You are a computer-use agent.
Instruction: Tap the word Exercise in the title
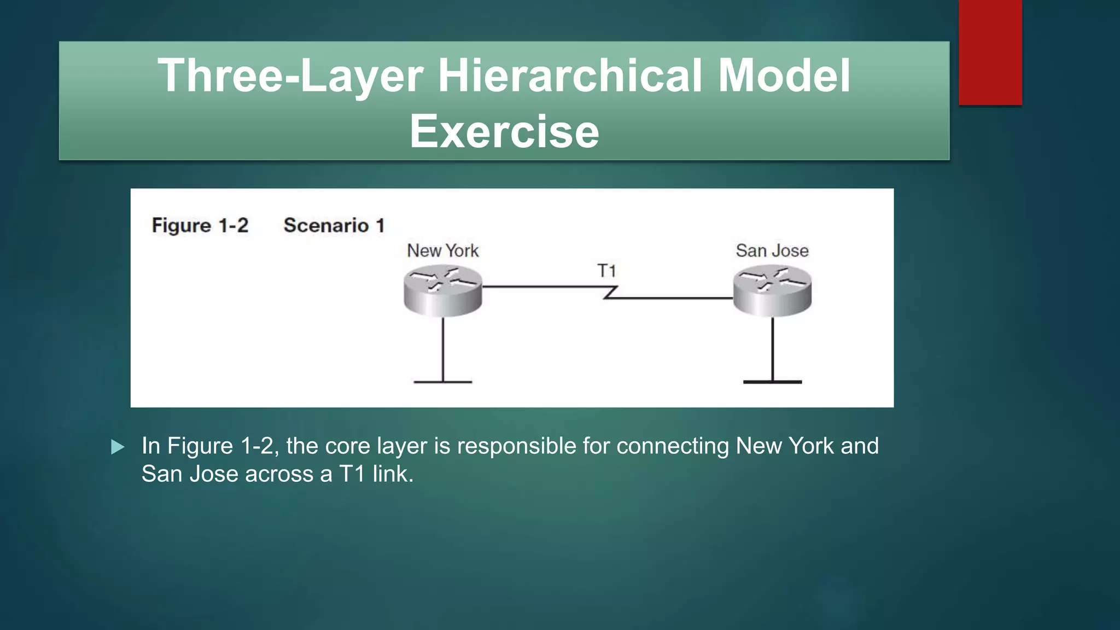click(x=504, y=131)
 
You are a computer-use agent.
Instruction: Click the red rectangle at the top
click(x=990, y=52)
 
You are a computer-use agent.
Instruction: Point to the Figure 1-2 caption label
click(x=200, y=225)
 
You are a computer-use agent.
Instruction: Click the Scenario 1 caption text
click(x=334, y=225)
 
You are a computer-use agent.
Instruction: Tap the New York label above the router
click(x=442, y=250)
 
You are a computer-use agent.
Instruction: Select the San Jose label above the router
click(x=772, y=250)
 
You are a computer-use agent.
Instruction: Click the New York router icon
click(x=442, y=290)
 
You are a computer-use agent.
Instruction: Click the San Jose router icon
click(x=772, y=290)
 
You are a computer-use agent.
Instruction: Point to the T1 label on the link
click(x=606, y=271)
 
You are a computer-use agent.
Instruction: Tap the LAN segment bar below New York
click(x=442, y=381)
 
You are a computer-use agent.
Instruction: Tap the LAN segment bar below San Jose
click(x=772, y=381)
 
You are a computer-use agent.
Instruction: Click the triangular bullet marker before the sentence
click(x=117, y=447)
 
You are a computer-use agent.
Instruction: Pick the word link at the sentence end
click(x=392, y=474)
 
